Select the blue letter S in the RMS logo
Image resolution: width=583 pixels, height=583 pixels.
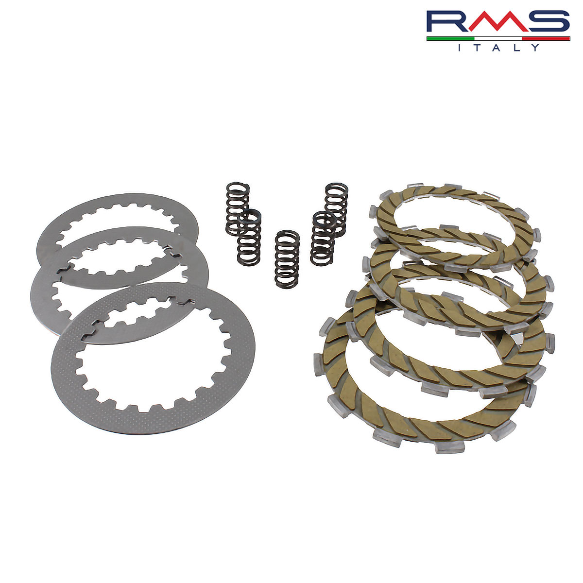pos(549,21)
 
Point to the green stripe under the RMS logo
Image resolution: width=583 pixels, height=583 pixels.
pos(450,39)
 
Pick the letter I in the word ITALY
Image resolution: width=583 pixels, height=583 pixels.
pos(460,48)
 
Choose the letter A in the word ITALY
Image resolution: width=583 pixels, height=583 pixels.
pos(497,48)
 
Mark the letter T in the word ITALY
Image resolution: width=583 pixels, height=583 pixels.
pos(478,48)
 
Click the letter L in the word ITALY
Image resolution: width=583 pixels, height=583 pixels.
pos(516,48)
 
